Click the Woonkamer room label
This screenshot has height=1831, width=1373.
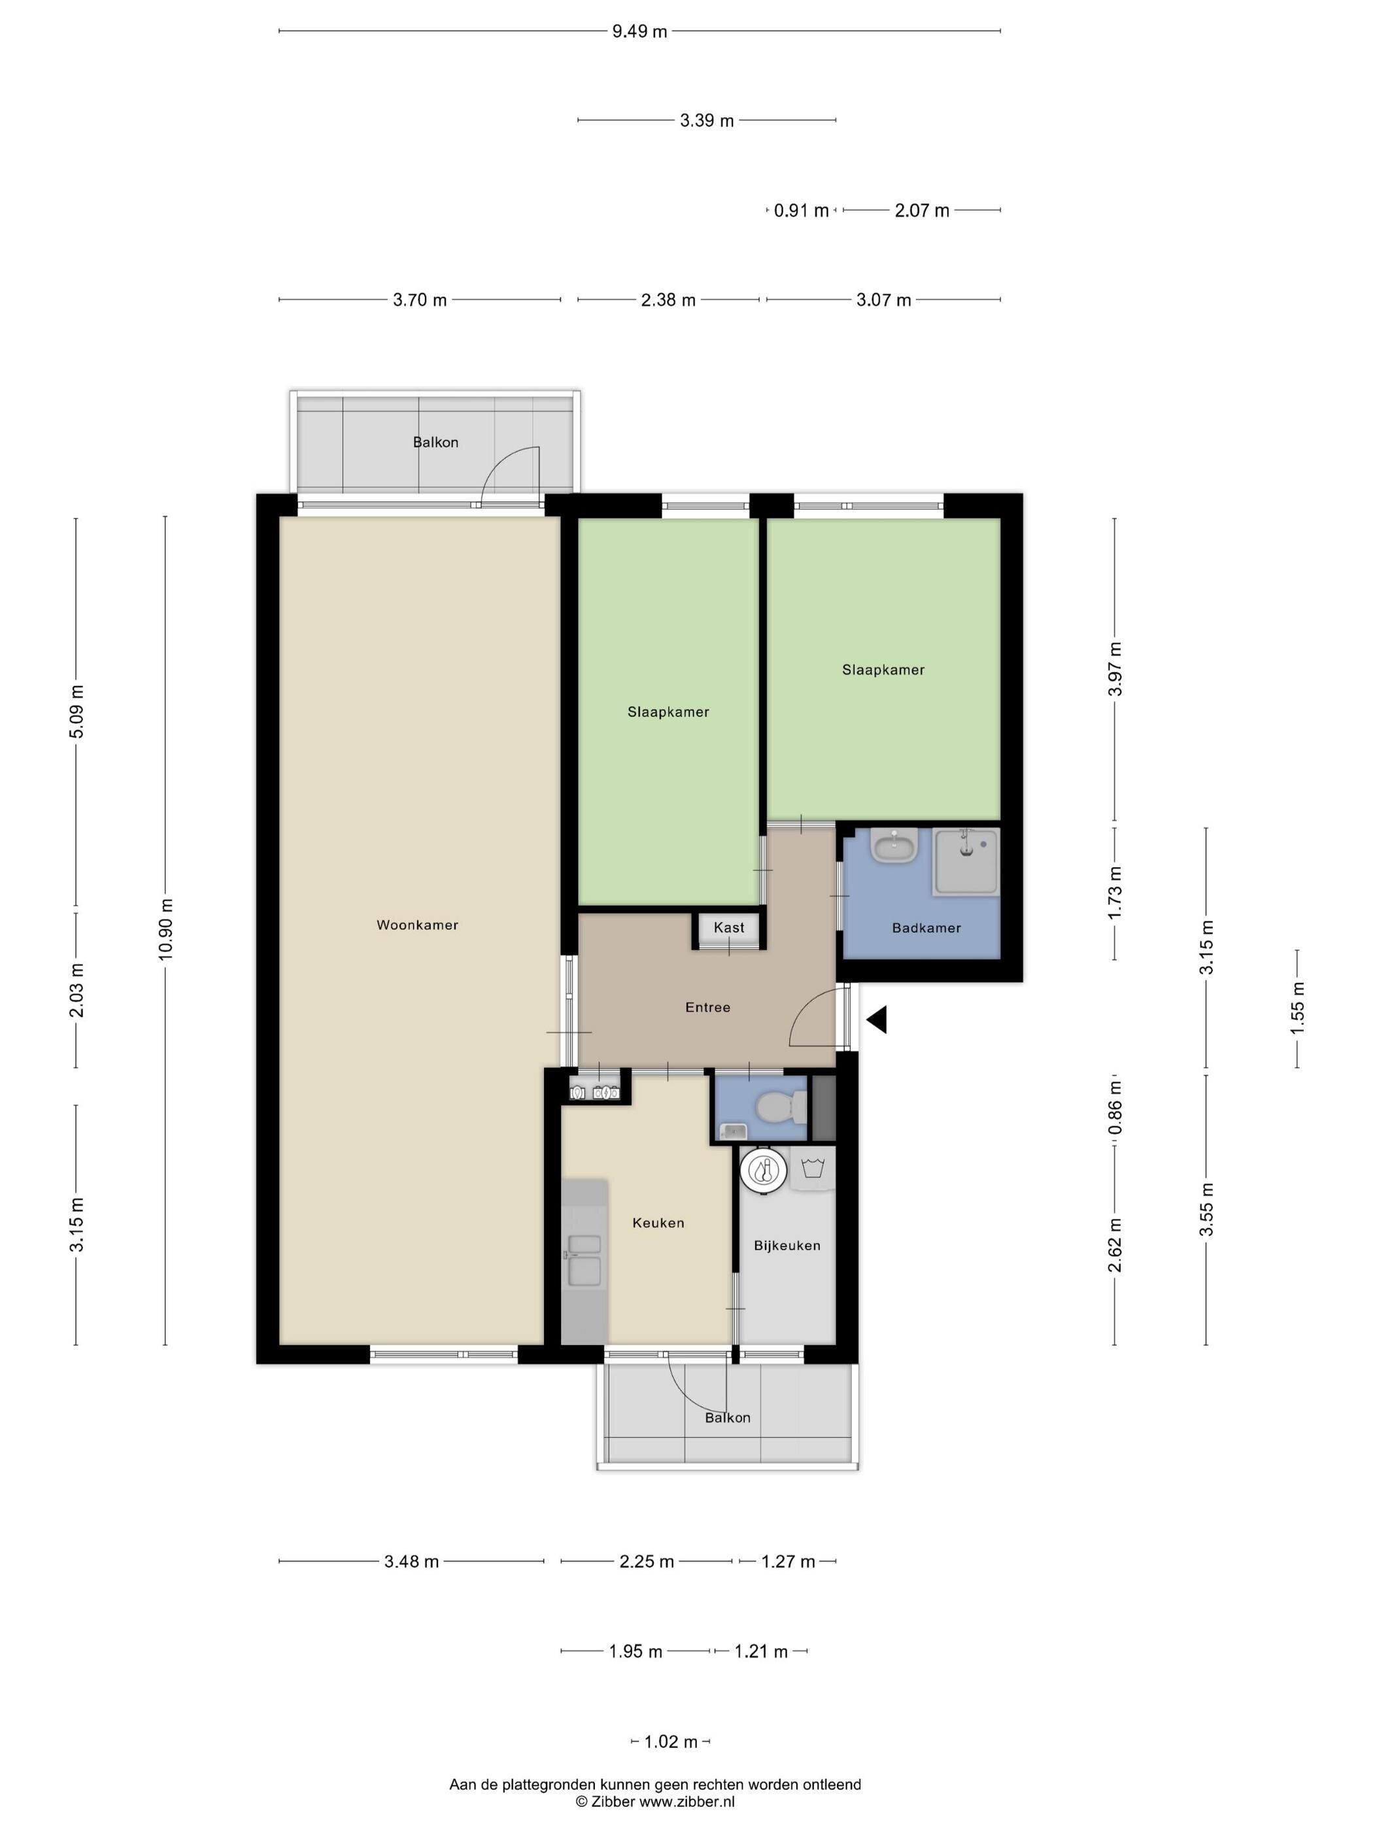(x=417, y=925)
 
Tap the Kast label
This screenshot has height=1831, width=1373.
(x=729, y=927)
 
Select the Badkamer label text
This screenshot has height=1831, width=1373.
(x=926, y=928)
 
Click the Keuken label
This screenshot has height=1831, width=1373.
(x=658, y=1223)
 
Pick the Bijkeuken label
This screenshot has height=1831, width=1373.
(x=787, y=1245)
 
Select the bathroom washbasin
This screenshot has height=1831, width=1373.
(x=894, y=846)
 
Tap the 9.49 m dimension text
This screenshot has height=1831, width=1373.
(x=639, y=31)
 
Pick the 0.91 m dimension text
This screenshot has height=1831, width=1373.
(x=801, y=211)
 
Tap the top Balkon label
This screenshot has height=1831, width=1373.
(x=435, y=442)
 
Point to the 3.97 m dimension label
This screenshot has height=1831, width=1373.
(x=1115, y=669)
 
